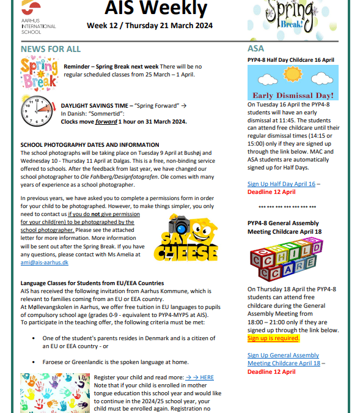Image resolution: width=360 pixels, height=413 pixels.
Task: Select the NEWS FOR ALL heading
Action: (51, 49)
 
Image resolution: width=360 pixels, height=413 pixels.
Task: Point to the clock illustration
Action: (38, 108)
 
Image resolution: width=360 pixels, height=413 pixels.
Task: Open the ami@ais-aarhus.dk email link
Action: (45, 262)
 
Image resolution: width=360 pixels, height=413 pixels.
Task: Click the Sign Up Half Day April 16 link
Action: (281, 184)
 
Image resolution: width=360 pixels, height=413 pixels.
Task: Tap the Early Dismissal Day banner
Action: (292, 83)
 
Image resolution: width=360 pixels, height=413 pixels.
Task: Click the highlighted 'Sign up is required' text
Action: (273, 338)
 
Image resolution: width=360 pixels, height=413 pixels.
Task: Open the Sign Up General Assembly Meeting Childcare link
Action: (283, 359)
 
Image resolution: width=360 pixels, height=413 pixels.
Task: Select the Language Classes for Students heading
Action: (92, 283)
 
